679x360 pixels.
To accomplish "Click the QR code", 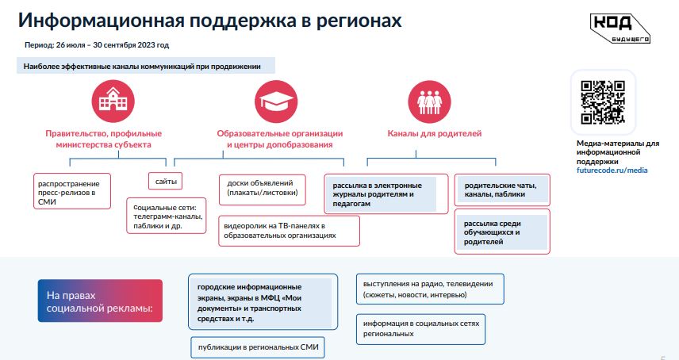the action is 602,102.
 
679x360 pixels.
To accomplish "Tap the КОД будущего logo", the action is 620,28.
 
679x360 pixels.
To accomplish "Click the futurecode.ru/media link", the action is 612,170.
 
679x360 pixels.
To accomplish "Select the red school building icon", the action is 113,101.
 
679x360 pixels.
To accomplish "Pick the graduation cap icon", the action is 276,101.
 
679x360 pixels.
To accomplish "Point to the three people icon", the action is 429,102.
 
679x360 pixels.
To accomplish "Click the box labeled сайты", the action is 166,182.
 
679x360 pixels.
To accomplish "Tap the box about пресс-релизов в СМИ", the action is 72,191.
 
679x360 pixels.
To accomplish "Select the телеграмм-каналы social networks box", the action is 167,216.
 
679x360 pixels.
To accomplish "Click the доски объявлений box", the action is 262,190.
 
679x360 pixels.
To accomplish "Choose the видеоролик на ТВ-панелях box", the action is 289,231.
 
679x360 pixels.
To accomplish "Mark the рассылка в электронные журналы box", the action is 386,193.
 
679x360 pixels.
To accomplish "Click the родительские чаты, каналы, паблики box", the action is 502,190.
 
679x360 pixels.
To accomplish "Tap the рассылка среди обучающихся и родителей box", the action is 502,232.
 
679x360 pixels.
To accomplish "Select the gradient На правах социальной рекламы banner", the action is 100,301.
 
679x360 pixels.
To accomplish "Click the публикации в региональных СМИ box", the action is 258,347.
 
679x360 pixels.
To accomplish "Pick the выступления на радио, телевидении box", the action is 430,289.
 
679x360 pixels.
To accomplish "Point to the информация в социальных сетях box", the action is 421,329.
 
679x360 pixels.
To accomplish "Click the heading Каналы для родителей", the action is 435,134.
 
